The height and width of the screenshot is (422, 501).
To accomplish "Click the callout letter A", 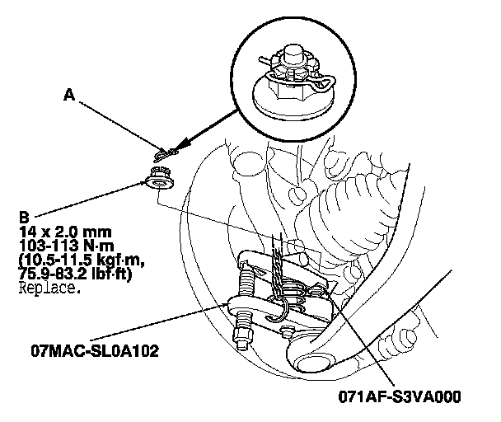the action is click(69, 95).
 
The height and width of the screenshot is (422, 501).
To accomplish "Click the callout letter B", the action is click(24, 218).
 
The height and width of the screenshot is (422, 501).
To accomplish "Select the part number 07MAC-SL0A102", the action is click(95, 351).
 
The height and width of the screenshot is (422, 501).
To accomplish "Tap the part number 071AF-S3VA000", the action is click(400, 397).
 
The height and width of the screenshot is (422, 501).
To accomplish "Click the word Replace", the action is click(49, 288).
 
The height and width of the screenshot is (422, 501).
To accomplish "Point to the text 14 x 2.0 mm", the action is click(65, 232).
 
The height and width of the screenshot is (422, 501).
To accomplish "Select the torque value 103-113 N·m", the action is click(67, 246).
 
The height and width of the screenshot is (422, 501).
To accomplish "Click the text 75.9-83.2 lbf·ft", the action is click(76, 274).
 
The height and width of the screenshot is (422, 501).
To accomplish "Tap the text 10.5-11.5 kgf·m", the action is click(82, 260).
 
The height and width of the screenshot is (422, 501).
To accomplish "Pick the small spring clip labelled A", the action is click(166, 153).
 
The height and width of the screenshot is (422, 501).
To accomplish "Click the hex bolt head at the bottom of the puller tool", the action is click(242, 338).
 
